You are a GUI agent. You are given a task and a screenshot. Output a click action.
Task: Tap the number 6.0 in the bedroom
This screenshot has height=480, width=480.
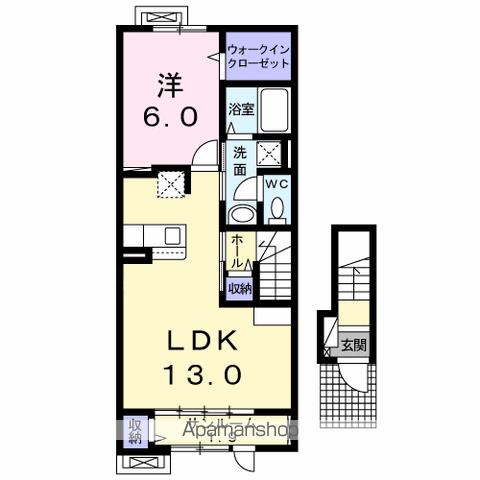pos(166,115)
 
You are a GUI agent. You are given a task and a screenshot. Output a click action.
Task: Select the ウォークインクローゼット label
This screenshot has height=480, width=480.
pos(257,54)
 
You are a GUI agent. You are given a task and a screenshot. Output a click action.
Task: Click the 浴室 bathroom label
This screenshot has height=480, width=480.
pos(240,109)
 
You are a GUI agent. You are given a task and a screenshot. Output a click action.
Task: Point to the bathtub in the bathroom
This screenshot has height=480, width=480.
pos(273,113)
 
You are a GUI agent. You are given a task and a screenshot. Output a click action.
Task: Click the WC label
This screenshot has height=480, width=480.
pos(276,185)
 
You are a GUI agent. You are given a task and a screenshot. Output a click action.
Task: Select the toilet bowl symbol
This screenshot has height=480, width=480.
pos(277,209)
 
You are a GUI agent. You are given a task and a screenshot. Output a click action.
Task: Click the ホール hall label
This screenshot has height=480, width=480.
pos(235,251)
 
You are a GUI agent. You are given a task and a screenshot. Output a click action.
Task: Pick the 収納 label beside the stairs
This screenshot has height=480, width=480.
pos(239,288)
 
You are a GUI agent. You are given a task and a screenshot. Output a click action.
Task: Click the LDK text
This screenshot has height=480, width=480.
pos(198,341)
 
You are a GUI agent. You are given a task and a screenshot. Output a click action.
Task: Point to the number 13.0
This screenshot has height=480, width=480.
pos(198,377)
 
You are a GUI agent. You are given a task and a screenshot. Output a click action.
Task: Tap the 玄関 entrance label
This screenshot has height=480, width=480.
pos(353,346)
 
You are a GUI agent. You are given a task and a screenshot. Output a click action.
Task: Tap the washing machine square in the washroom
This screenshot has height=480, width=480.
pos(270,153)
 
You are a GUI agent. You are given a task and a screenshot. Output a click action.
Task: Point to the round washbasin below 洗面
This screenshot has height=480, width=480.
pos(240,214)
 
